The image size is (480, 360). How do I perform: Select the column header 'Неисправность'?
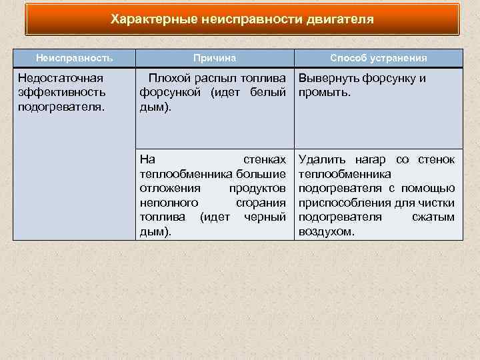pos(75,58)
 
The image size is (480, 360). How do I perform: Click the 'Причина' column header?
pos(215,58)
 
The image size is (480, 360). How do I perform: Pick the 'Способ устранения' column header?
pos(379,58)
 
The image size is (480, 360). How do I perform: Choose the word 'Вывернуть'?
pos(330,79)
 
